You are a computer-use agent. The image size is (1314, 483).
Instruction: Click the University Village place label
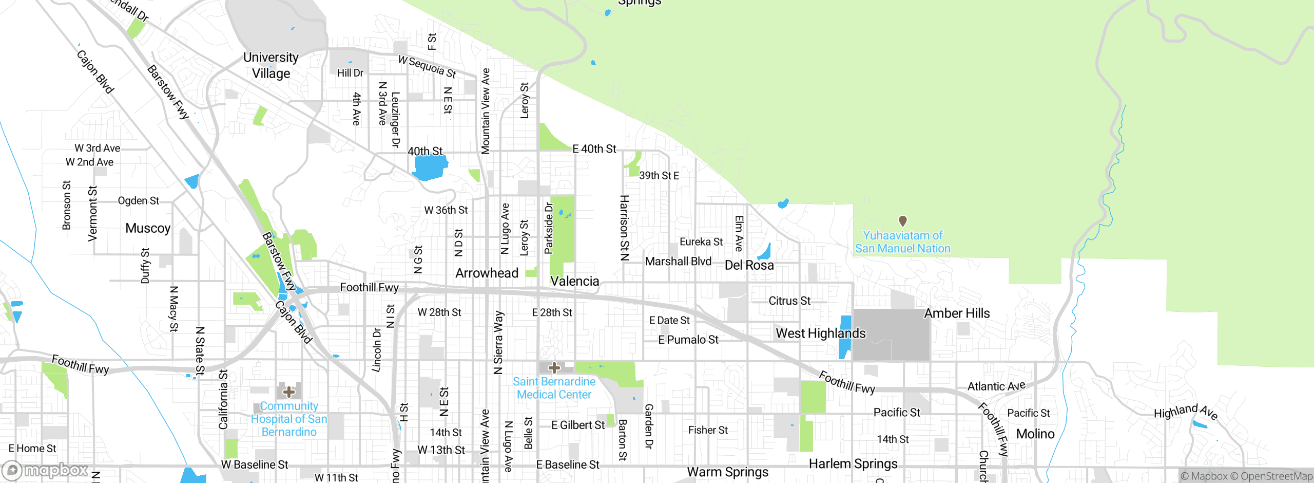point(270,65)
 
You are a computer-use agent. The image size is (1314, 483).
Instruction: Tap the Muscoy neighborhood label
point(148,228)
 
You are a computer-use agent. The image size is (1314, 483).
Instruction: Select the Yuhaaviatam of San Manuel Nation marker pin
point(902,221)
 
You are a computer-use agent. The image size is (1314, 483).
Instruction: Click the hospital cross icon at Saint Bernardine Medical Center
point(554,367)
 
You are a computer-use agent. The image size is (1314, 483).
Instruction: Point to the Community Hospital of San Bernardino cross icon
point(289,392)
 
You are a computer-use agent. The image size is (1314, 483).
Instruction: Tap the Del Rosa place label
point(749,265)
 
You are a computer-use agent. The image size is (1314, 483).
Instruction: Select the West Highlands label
point(820,333)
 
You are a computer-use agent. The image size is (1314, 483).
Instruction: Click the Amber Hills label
point(957,313)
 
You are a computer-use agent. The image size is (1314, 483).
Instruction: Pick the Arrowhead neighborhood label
point(487,273)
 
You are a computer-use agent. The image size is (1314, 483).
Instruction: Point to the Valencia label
point(574,281)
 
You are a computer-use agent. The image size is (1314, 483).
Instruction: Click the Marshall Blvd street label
point(678,262)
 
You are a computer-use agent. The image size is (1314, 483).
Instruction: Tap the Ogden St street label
point(139,201)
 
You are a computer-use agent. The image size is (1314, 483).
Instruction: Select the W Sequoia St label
point(427,67)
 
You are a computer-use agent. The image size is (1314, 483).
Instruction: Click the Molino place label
point(1035,434)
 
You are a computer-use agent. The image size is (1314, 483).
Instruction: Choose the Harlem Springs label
point(853,464)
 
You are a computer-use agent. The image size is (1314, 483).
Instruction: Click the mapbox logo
point(46,470)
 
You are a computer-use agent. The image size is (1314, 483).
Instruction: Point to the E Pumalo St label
point(688,340)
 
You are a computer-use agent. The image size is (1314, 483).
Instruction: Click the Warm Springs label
point(727,472)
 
